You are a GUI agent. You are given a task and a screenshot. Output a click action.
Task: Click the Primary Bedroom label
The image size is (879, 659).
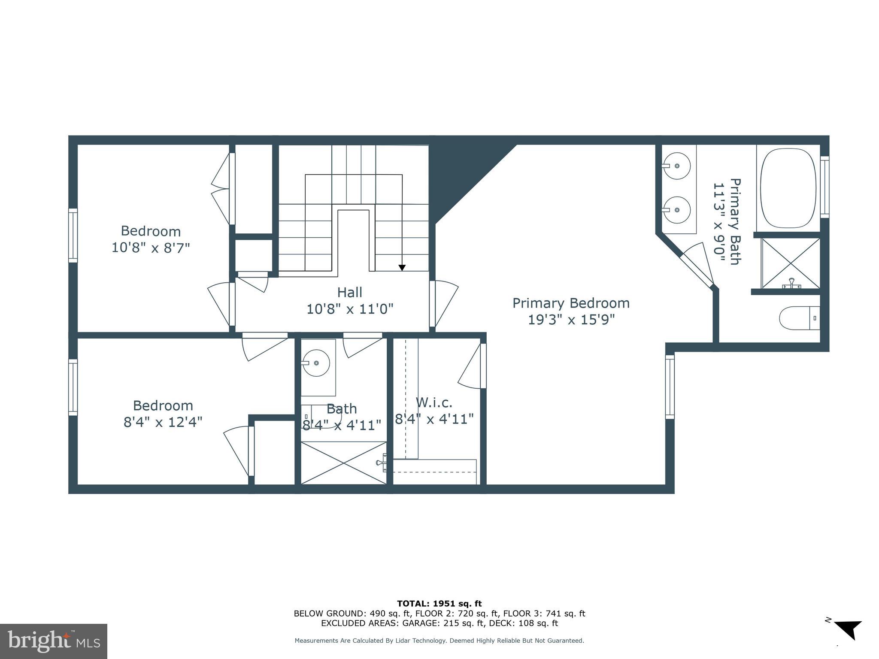[x=571, y=303]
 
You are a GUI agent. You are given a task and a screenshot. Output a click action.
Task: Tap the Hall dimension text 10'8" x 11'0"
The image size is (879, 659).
[x=350, y=309]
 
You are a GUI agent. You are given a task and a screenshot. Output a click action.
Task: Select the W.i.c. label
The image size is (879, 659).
[x=434, y=402]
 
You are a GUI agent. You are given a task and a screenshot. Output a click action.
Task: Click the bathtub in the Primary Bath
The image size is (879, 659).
[x=788, y=188]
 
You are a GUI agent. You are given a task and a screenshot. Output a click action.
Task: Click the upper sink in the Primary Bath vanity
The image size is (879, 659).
[x=676, y=166]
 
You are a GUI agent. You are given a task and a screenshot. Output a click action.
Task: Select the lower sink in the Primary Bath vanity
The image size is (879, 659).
[x=676, y=210]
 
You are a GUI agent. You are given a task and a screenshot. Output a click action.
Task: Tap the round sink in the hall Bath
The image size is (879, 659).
[x=316, y=363]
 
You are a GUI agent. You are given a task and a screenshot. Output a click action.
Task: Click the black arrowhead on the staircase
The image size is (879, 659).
[x=402, y=268]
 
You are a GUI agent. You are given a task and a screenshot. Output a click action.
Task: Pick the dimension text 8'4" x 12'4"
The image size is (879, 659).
[x=163, y=422]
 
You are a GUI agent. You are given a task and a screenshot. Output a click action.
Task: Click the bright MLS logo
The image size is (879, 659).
[x=54, y=641]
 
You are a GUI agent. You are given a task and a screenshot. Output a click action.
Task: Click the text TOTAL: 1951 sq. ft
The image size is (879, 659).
[x=439, y=604]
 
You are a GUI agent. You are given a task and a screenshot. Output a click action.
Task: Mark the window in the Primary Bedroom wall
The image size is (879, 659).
[x=670, y=387]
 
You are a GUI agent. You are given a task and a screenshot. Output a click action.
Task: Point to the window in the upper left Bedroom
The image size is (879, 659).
[x=73, y=235]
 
